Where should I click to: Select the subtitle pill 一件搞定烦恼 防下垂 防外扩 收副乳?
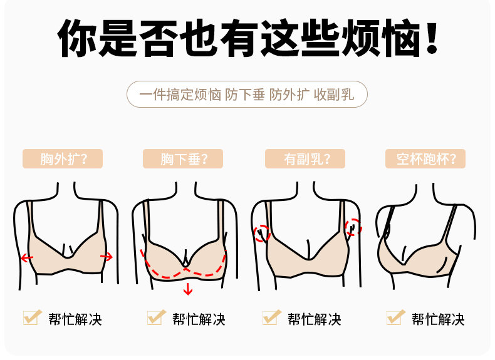pyautogui.click(x=247, y=95)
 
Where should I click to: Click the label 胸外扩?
pyautogui.click(x=63, y=158)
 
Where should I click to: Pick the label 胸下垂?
pyautogui.click(x=183, y=158)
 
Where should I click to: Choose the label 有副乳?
pyautogui.click(x=306, y=158)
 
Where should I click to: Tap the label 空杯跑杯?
pyautogui.click(x=425, y=158)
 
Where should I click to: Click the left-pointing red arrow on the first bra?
pyautogui.click(x=27, y=257)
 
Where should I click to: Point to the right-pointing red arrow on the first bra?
pyautogui.click(x=107, y=255)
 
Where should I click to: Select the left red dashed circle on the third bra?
pyautogui.click(x=261, y=233)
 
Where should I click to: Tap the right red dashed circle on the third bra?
pyautogui.click(x=353, y=227)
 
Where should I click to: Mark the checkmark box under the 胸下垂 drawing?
pyautogui.click(x=155, y=317)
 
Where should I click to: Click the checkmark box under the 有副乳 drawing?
pyautogui.click(x=271, y=317)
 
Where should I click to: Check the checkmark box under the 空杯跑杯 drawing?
pyautogui.click(x=394, y=317)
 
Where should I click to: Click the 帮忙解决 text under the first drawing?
pyautogui.click(x=75, y=319)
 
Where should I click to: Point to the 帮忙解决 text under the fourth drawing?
pyautogui.click(x=438, y=319)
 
